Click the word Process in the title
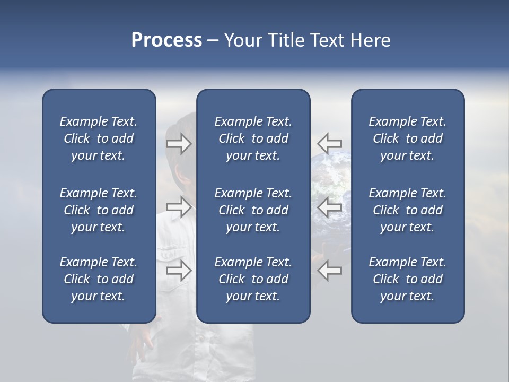[166, 40]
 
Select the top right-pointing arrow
[179, 144]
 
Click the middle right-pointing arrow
[179, 206]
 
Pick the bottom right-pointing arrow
[179, 271]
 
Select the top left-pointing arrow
[330, 143]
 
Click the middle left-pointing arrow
[330, 207]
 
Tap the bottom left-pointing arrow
[330, 271]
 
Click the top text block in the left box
[99, 138]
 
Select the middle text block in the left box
[99, 210]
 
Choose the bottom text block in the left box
[99, 279]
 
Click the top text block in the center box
[253, 138]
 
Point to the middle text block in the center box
[253, 210]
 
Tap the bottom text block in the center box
[253, 279]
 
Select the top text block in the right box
[407, 138]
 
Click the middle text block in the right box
[407, 210]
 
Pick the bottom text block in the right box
[407, 279]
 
